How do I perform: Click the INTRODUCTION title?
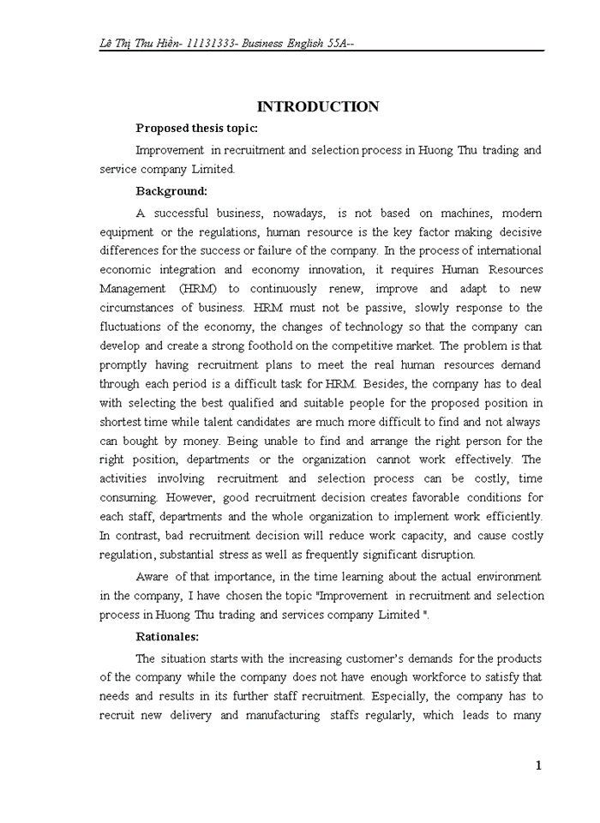318,107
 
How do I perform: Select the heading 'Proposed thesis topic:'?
196,129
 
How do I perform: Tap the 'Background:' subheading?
171,191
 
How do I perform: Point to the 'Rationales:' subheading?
167,637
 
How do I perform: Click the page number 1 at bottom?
538,766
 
